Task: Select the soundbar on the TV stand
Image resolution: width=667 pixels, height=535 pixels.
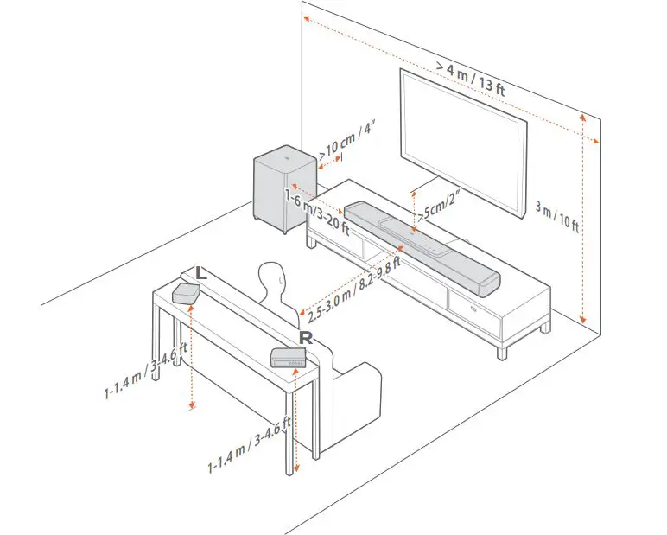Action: pos(422,245)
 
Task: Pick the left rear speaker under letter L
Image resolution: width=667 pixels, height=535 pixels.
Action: pos(187,292)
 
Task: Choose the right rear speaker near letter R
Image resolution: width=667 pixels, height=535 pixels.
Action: pos(290,356)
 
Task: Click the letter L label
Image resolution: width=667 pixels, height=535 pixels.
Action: pos(200,272)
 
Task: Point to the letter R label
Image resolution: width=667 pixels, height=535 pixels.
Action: pos(304,336)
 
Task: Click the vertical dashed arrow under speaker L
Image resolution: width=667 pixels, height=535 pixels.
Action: pos(191,354)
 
